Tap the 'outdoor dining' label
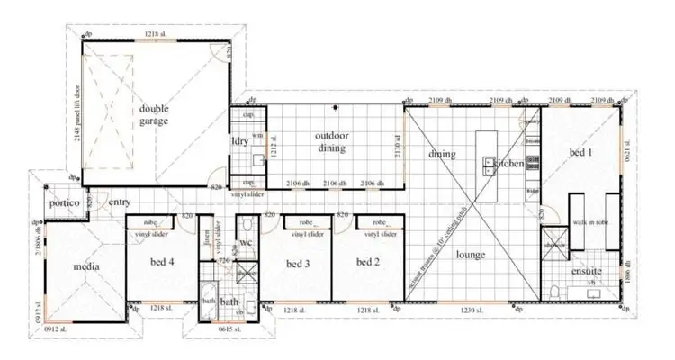coord(332,142)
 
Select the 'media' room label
coord(86,266)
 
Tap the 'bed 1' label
coord(582,154)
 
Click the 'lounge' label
coord(470,255)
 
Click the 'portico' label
coord(65,204)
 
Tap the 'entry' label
coord(120,202)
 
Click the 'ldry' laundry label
coord(239,142)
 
